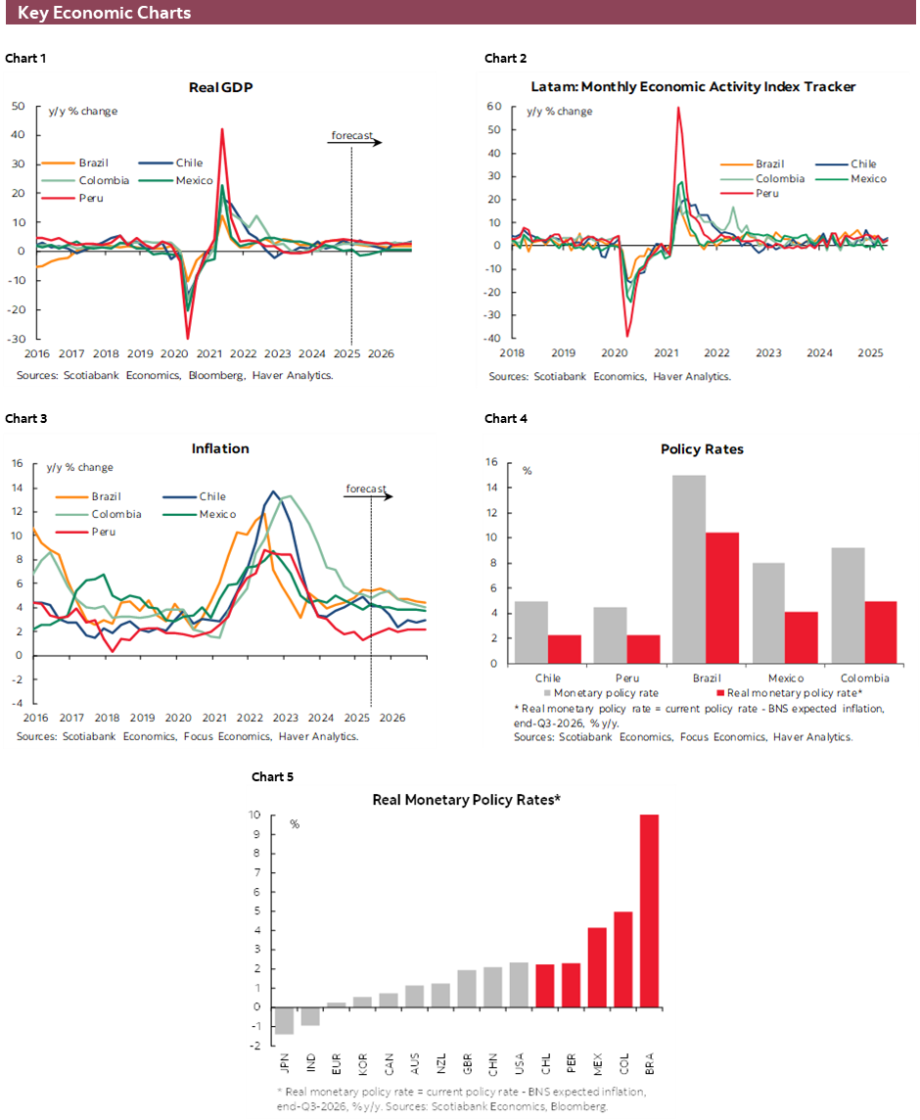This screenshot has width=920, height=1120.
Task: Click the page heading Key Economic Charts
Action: (104, 13)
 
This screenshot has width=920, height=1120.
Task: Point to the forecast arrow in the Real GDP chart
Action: (354, 142)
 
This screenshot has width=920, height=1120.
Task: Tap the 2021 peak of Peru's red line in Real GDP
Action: (222, 129)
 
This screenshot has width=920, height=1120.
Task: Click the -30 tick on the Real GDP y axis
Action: (19, 339)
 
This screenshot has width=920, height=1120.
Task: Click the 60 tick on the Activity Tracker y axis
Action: (494, 106)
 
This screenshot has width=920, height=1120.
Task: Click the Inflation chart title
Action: (220, 448)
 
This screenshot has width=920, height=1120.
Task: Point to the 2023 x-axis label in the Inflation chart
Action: (285, 717)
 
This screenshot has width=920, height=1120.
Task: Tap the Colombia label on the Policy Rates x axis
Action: (865, 677)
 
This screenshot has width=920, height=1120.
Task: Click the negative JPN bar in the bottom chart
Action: (284, 1020)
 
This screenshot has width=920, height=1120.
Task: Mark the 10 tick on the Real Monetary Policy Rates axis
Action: (253, 816)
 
